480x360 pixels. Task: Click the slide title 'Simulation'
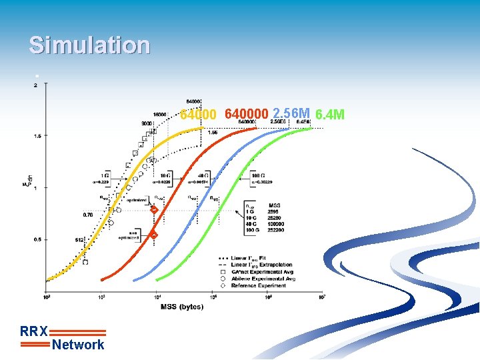click(x=89, y=45)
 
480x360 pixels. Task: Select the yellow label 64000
click(x=198, y=115)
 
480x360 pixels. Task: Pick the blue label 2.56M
click(x=291, y=113)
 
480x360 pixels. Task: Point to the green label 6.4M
click(x=329, y=115)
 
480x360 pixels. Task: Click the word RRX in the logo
click(x=33, y=331)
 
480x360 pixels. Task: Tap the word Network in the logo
click(x=78, y=345)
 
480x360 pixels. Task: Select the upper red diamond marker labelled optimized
click(x=154, y=210)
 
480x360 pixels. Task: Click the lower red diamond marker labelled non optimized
click(x=154, y=235)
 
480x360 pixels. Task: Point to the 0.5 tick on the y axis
click(x=37, y=239)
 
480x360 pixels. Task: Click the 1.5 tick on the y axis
click(x=37, y=136)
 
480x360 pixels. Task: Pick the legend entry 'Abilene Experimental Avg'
click(x=263, y=279)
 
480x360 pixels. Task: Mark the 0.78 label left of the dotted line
click(x=88, y=215)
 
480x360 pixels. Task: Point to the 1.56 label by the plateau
click(x=212, y=133)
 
